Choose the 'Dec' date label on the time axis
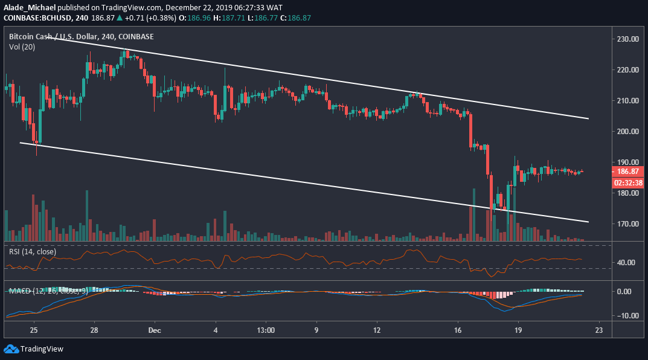click(x=155, y=330)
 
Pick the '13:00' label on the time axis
click(x=266, y=330)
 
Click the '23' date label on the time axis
click(x=598, y=330)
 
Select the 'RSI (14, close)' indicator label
click(x=33, y=251)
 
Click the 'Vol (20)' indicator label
click(x=22, y=46)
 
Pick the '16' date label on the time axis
click(x=458, y=330)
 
